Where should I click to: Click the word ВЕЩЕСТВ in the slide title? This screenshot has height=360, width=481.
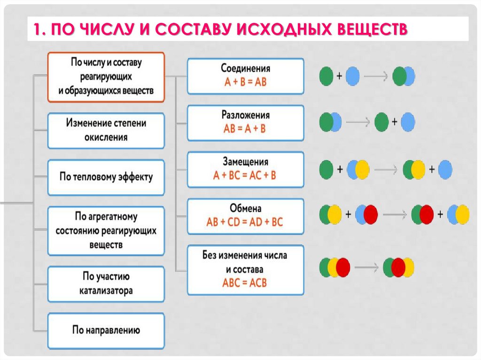372,30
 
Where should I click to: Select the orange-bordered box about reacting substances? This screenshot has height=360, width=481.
106,77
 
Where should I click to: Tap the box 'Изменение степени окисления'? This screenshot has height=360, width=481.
106,130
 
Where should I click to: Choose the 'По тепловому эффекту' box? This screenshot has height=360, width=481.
106,177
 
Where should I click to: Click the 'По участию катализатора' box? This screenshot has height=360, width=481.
106,283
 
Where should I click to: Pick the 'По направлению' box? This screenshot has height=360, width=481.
106,330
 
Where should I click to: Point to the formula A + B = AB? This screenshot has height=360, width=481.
245,82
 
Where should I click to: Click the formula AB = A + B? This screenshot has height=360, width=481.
245,129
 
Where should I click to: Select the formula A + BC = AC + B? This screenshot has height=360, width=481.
245,176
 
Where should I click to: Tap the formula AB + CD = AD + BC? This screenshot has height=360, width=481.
245,222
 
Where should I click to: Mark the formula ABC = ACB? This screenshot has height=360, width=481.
245,283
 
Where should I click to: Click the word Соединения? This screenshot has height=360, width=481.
245,69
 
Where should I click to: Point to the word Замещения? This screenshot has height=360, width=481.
245,162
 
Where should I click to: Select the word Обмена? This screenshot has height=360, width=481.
245,208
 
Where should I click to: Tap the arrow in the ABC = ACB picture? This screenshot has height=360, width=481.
366,268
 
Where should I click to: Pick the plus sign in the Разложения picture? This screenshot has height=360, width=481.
395,122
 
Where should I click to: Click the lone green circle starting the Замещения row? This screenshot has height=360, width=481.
326,169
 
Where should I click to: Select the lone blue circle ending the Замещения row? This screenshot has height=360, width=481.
445,169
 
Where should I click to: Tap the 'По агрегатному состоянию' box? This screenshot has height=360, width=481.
106,230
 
